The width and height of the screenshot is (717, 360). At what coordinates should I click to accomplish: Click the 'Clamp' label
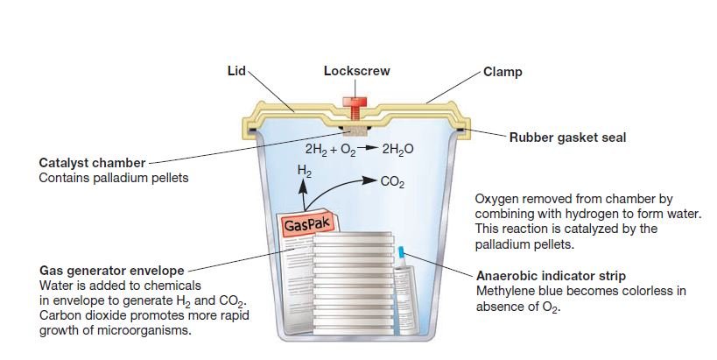(x=503, y=71)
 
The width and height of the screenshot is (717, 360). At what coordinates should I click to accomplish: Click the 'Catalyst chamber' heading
(x=94, y=164)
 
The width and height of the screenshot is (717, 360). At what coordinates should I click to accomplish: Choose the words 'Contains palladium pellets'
(x=114, y=178)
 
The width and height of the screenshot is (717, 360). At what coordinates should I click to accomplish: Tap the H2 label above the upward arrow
(x=304, y=169)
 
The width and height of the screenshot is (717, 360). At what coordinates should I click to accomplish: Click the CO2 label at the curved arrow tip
(x=390, y=182)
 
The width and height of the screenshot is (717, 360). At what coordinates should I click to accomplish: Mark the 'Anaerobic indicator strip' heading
(x=551, y=276)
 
